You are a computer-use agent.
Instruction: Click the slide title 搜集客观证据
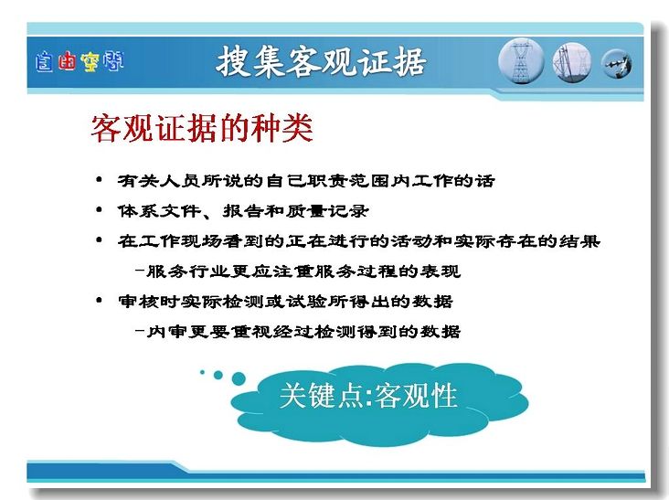pos(321,62)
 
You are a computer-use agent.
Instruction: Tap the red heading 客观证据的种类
pos(202,128)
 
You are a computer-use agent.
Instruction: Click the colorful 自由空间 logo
pos(80,62)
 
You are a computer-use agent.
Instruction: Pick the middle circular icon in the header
pos(572,63)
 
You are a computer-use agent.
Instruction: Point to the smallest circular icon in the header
pos(616,64)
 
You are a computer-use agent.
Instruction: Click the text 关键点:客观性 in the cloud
pos(368,395)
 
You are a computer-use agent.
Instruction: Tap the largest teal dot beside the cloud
pos(238,378)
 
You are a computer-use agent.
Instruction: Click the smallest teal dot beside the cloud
pos(202,372)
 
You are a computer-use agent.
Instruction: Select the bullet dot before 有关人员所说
pos(99,179)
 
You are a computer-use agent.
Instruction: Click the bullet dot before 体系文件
pos(99,209)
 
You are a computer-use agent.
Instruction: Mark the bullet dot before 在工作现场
pos(99,239)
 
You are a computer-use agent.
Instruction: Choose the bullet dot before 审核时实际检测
pos(99,301)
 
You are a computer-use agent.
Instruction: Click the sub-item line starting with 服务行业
pos(298,271)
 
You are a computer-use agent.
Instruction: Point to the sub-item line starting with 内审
pos(298,331)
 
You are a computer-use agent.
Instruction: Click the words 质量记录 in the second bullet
pos(327,211)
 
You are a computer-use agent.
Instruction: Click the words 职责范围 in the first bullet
pos(348,180)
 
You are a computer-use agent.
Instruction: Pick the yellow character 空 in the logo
pos(90,62)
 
